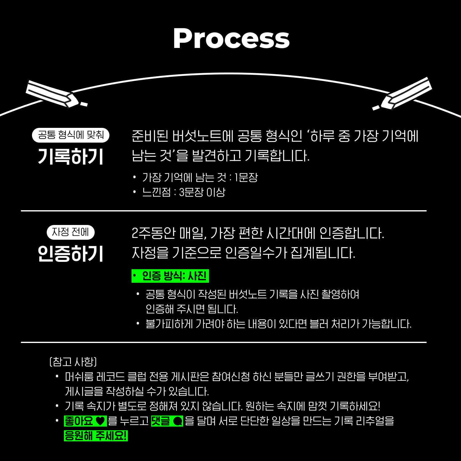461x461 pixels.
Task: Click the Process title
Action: pos(231,38)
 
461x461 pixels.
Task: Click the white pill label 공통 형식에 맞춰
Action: pos(71,135)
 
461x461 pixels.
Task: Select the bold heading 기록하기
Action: pos(71,157)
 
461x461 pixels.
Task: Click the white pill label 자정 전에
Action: pos(71,232)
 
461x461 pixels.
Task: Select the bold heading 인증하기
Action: pos(71,254)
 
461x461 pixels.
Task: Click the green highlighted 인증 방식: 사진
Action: pos(170,276)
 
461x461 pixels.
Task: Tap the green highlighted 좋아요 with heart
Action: pos(85,421)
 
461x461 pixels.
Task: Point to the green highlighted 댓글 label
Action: pos(167,421)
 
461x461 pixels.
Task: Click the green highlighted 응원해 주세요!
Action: pos(96,436)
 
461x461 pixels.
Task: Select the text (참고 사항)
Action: pos(73,362)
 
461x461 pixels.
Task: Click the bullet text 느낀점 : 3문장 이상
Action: pos(184,192)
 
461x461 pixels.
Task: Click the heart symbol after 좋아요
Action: pos(100,421)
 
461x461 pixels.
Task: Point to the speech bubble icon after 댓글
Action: pos(178,421)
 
